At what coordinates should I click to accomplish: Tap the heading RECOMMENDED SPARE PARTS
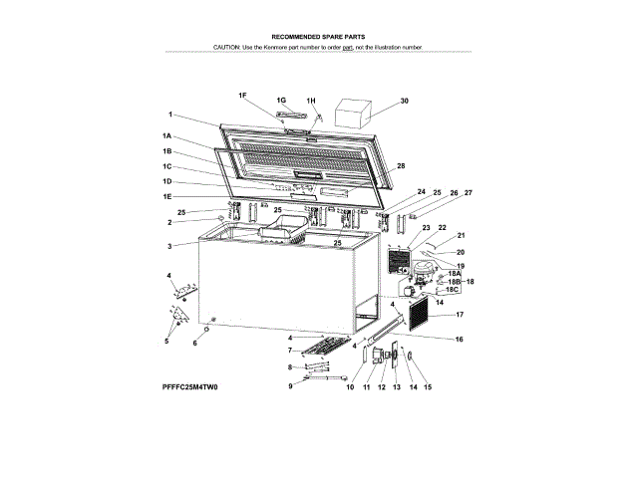point(319,35)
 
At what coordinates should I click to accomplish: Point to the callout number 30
point(404,101)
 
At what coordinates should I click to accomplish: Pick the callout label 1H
point(311,101)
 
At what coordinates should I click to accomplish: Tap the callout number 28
point(401,165)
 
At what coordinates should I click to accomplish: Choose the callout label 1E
point(167,197)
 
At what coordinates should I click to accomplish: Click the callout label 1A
point(167,135)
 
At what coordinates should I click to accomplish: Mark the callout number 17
point(460,315)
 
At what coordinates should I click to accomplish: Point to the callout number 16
point(460,340)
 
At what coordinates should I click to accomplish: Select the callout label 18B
point(453,282)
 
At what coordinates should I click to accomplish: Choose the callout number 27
point(469,191)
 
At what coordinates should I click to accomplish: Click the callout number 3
point(169,246)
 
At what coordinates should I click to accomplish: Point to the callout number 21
point(462,236)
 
